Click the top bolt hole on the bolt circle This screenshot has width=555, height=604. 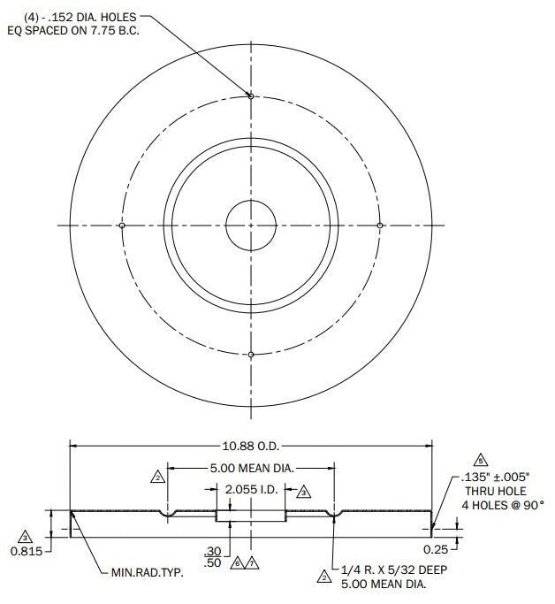tap(251, 96)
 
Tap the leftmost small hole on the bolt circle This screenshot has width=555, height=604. tap(122, 226)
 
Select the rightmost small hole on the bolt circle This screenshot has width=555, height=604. tap(380, 226)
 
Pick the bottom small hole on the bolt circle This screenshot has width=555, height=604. tap(251, 355)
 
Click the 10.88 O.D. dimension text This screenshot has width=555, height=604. tap(251, 446)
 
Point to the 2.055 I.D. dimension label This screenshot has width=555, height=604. tap(251, 490)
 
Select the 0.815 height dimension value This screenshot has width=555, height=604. tap(27, 551)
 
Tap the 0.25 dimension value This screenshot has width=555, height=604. tap(436, 550)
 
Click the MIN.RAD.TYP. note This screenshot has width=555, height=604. tap(148, 572)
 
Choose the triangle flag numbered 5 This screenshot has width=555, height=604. tap(481, 461)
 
